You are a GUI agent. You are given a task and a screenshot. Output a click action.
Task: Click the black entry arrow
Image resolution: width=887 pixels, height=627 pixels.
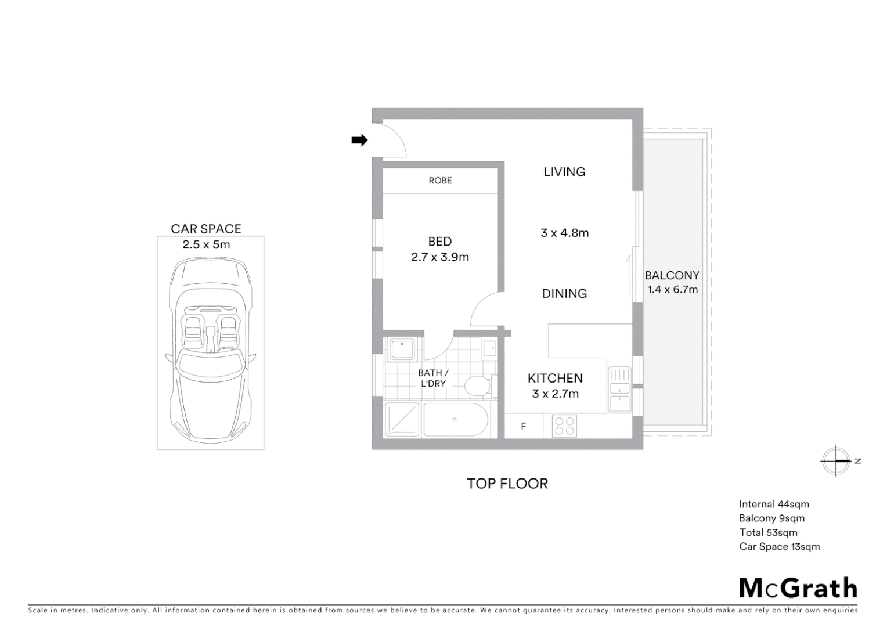tap(359, 140)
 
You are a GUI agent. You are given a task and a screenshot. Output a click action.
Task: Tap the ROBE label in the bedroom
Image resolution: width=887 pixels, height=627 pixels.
tap(440, 181)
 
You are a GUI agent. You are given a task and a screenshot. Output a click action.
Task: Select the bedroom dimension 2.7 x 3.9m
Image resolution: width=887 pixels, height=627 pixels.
tap(440, 257)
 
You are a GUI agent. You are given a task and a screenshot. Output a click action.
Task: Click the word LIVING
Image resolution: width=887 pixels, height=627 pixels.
tap(564, 172)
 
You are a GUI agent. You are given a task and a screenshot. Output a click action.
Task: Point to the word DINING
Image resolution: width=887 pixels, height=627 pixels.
tap(564, 294)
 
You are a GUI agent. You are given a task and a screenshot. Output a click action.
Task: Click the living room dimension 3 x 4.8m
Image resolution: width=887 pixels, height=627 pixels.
tap(564, 233)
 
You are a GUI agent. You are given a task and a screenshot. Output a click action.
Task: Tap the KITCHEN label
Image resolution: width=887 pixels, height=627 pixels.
tap(555, 379)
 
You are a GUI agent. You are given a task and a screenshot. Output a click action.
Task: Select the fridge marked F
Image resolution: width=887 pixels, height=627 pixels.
tap(523, 427)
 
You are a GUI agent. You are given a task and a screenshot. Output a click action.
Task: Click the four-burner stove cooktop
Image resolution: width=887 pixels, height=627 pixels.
tap(563, 427)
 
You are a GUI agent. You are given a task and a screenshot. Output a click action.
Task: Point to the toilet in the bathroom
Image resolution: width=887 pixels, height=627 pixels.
tap(478, 385)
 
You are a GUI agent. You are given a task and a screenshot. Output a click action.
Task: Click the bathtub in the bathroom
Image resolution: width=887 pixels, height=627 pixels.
tap(455, 419)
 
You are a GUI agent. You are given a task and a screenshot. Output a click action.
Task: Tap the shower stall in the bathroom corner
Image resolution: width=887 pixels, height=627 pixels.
tap(402, 419)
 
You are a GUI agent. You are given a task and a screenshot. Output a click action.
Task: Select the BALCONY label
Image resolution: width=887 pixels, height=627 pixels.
tap(672, 276)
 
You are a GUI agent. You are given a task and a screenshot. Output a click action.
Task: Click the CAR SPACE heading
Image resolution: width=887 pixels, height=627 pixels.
tap(206, 229)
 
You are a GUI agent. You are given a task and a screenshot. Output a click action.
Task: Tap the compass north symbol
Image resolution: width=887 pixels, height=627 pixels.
tap(836, 461)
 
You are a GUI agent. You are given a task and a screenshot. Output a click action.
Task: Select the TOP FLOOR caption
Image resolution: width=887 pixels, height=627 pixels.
tap(507, 484)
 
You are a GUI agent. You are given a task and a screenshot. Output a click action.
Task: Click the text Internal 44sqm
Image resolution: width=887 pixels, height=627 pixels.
tap(774, 505)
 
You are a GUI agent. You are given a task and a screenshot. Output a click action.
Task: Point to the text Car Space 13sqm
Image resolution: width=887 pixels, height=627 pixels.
tap(779, 547)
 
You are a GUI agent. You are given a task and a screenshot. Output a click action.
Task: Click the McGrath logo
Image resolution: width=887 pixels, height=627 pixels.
tap(798, 588)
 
